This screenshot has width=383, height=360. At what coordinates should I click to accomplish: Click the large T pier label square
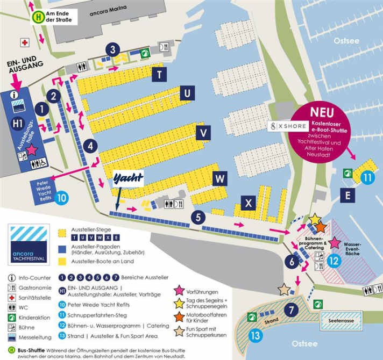click(160, 74)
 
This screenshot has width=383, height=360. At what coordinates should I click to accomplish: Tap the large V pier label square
click(203, 132)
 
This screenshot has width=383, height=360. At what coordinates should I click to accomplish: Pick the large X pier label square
click(248, 203)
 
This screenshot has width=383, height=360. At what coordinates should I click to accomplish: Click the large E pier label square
click(348, 196)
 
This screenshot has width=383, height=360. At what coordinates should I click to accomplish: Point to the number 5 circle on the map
click(198, 218)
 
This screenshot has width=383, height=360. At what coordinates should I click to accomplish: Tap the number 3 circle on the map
click(112, 50)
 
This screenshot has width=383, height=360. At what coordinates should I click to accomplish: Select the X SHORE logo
click(289, 126)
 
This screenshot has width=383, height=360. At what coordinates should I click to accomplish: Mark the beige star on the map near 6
click(284, 290)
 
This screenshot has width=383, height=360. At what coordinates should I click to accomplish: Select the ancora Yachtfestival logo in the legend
click(29, 244)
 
